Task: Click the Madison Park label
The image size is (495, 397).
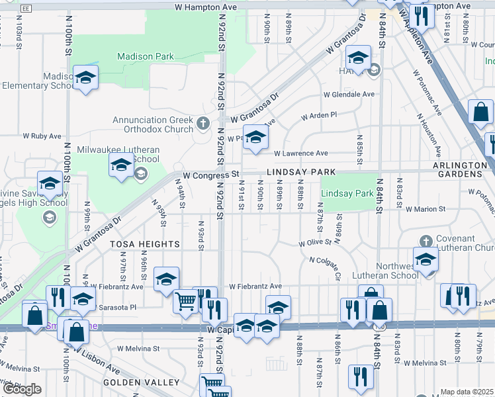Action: tap(146, 56)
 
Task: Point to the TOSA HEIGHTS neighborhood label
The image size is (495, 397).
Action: tap(144, 244)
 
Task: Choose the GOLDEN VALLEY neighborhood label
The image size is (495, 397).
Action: tap(141, 382)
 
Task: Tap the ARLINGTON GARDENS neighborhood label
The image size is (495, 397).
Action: tap(457, 169)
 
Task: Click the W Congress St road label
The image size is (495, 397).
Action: tap(211, 175)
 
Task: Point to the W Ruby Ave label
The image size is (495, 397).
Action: tap(42, 136)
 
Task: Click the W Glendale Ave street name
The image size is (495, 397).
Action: tap(349, 94)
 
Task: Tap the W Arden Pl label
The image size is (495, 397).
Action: tap(319, 116)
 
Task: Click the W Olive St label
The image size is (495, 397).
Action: tap(314, 243)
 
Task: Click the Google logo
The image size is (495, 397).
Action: tap(22, 389)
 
